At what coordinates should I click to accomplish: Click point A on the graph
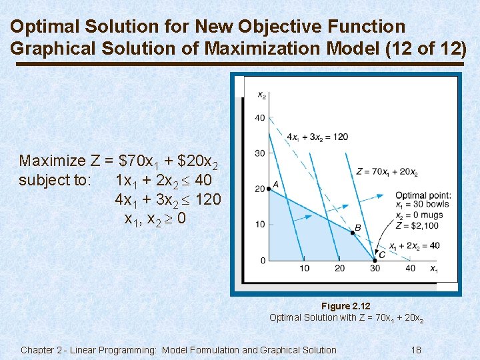coord(269,189)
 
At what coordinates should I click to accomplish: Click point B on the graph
coord(353,233)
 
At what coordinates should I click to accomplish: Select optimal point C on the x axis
coord(375,260)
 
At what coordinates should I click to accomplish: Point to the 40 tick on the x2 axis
coord(259,119)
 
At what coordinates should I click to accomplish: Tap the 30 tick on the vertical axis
coord(259,154)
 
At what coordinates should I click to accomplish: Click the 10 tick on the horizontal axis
coord(304,269)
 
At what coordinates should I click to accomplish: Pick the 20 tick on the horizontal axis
coord(339,269)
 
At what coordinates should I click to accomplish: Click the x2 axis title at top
coord(262,95)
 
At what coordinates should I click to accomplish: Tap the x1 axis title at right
coord(433,269)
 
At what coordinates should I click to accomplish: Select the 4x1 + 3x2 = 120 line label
coord(317,137)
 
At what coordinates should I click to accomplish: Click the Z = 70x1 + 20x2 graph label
coord(387,172)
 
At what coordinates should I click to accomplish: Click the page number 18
coord(416,350)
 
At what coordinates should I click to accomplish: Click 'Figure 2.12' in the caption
coord(345,307)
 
